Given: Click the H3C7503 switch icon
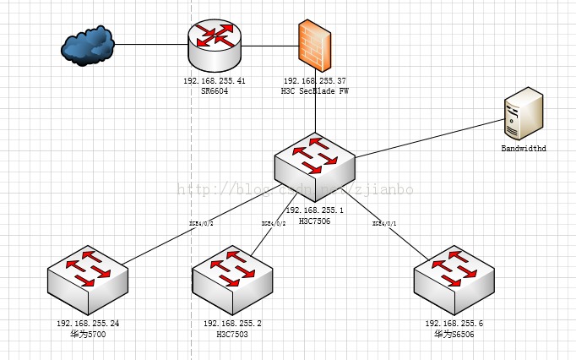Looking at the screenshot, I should (x=232, y=278).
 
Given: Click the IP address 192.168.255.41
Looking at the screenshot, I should (x=215, y=81).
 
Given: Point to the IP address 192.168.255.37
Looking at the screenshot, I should (x=315, y=81).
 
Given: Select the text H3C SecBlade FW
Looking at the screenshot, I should (x=315, y=90).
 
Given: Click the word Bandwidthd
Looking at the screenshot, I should (x=524, y=149).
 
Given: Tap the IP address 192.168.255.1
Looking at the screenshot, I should (x=314, y=210).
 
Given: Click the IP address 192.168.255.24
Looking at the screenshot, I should (x=87, y=324).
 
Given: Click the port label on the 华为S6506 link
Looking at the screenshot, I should (x=385, y=223).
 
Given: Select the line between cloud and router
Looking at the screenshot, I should (x=150, y=43).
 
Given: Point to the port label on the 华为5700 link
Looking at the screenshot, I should (x=201, y=223).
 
